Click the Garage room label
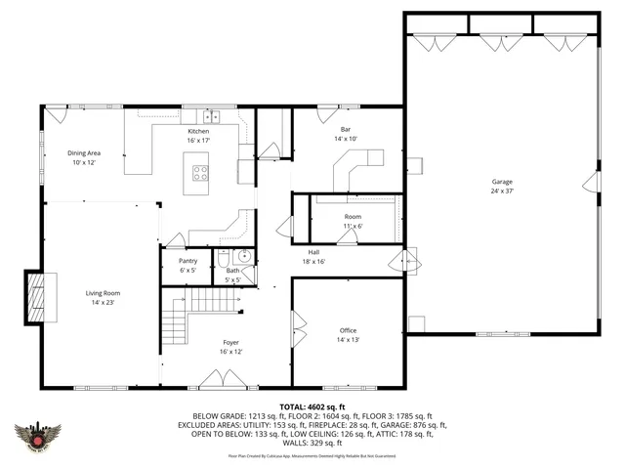(x=502, y=182)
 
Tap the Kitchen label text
(x=198, y=131)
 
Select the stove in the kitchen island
(x=201, y=174)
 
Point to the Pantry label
(x=188, y=261)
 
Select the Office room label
(x=348, y=331)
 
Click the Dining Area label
(x=84, y=153)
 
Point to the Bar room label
(x=346, y=129)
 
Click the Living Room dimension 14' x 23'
(x=103, y=302)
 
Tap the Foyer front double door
(x=216, y=382)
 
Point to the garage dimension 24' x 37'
(x=502, y=192)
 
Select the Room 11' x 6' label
(x=353, y=221)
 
